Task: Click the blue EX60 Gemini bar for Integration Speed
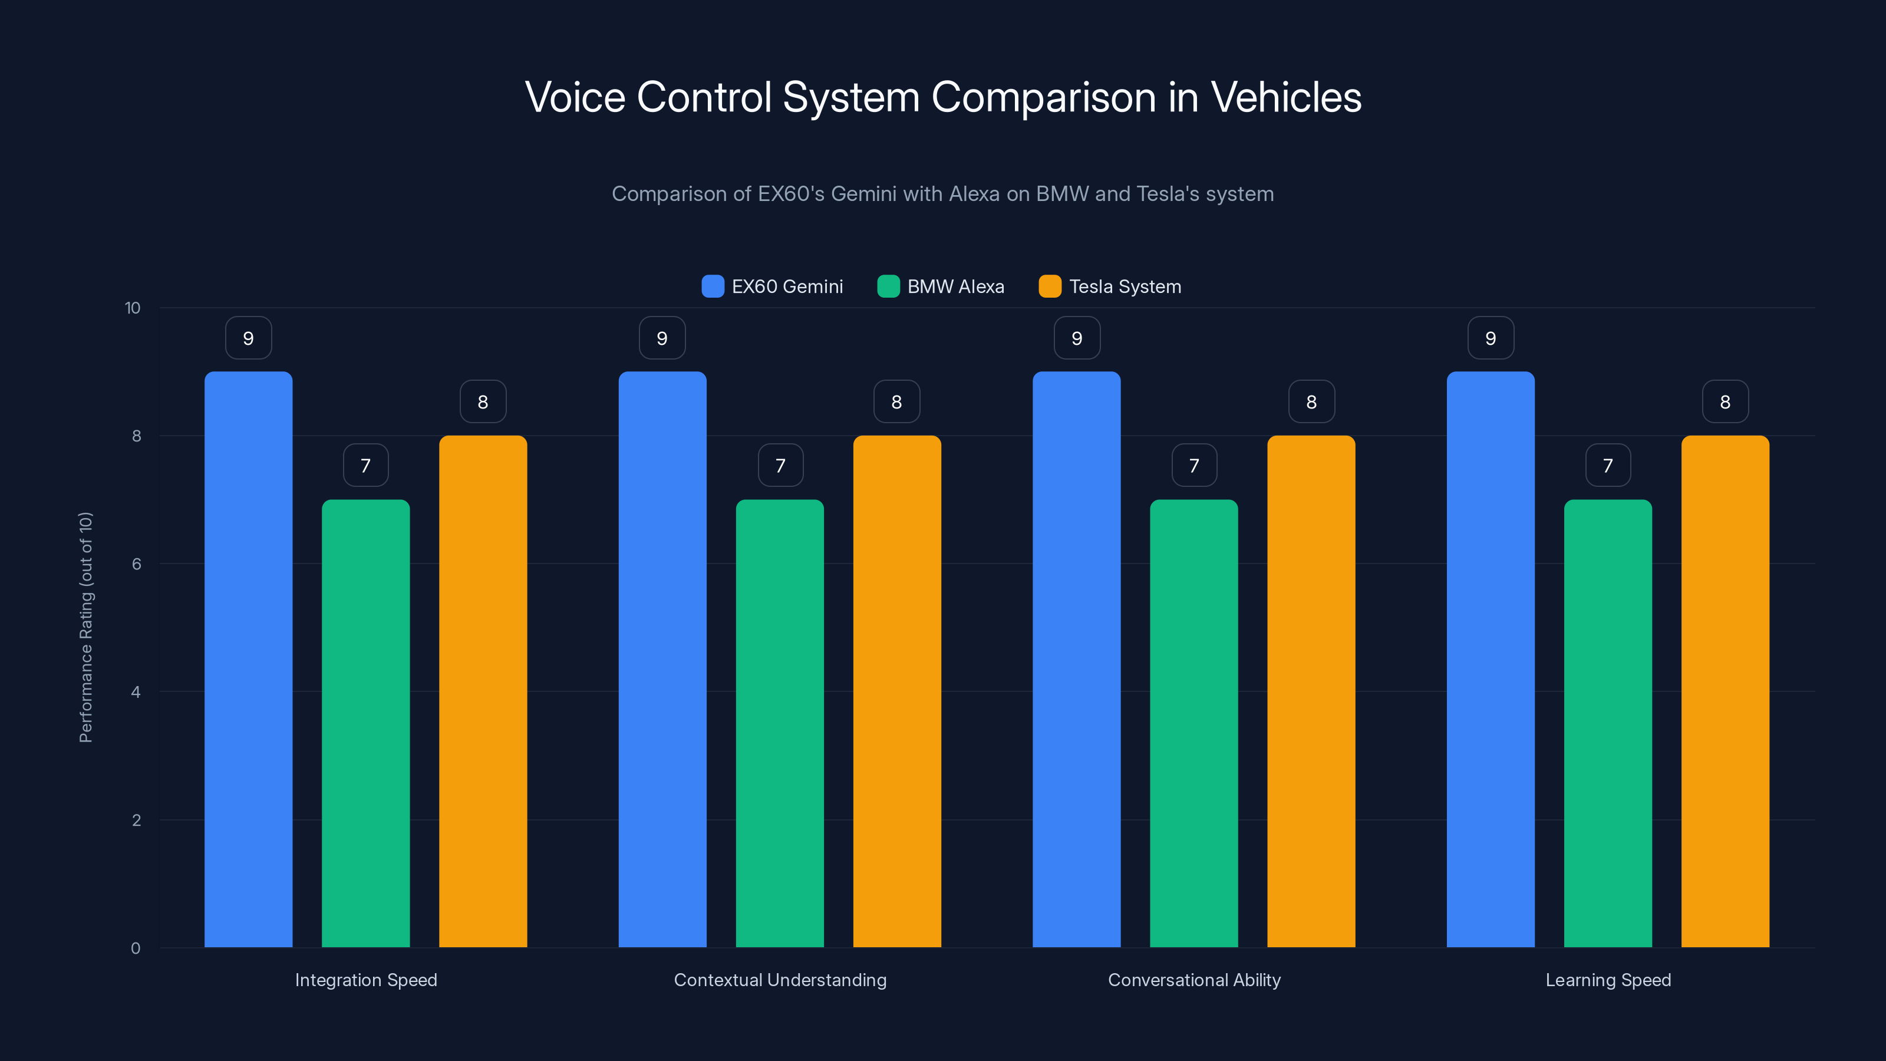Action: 248,659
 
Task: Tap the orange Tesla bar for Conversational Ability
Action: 1311,691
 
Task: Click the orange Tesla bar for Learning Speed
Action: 1725,691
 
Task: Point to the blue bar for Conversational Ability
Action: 1076,659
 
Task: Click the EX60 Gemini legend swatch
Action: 713,286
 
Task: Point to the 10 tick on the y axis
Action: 133,308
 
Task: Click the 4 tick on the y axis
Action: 136,692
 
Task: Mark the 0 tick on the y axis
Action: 136,948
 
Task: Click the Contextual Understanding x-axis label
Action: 780,980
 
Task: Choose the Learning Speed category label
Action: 1608,980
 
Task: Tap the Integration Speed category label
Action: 366,980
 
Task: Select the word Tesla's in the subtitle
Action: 1169,194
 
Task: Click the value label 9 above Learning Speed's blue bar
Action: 1491,338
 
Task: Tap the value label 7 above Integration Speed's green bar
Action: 365,466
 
